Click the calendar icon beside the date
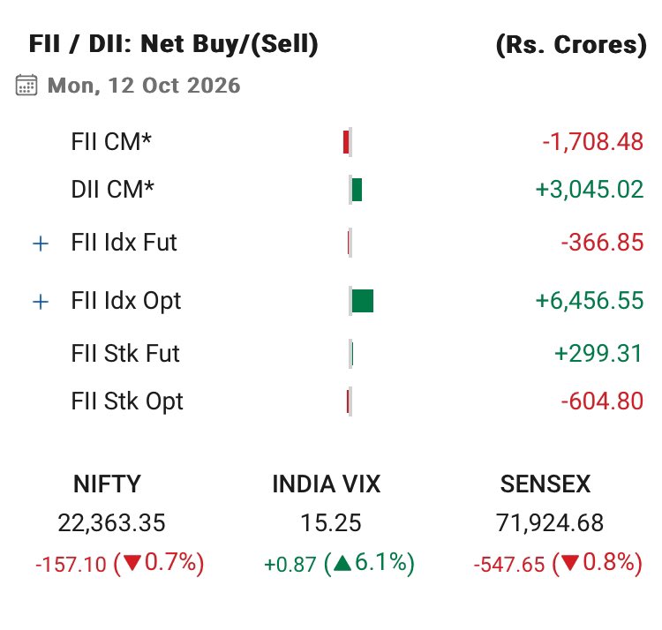[26, 86]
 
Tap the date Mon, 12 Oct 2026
[144, 86]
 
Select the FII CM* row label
[111, 141]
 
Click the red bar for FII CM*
[346, 142]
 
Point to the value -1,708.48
[593, 142]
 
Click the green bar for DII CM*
[357, 190]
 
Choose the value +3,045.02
[590, 189]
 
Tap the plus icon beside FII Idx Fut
[41, 244]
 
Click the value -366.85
[602, 243]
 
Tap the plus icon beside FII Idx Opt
[41, 302]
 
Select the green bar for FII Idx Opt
[363, 301]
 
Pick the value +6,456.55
[590, 301]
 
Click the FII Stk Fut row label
[125, 353]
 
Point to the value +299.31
[598, 353]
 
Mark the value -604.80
[602, 401]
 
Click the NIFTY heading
[107, 484]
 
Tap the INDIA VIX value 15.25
[331, 523]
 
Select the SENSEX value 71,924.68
[550, 523]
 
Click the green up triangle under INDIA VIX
[342, 563]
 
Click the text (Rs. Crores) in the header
[571, 45]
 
